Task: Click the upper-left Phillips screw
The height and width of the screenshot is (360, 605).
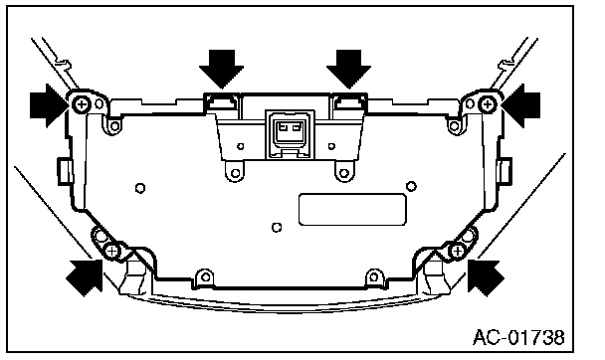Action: (x=82, y=103)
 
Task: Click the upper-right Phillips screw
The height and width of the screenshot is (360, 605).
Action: (x=488, y=104)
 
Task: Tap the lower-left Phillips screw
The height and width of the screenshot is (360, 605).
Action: (x=111, y=252)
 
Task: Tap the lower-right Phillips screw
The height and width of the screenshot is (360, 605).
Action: (x=458, y=252)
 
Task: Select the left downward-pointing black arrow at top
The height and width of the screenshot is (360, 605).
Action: (x=222, y=70)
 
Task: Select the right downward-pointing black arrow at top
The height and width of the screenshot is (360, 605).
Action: (x=349, y=70)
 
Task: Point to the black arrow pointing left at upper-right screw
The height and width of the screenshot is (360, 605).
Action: (x=521, y=105)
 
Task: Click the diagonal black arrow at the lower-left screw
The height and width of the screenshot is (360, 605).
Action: (x=86, y=276)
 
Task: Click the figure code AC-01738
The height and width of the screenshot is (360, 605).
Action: (x=518, y=337)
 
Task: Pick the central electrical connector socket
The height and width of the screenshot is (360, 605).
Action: (x=290, y=134)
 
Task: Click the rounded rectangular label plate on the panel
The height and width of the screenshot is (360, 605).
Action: (x=352, y=209)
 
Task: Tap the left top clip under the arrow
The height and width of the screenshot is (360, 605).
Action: (x=222, y=102)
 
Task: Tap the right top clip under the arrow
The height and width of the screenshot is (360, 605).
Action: (x=349, y=102)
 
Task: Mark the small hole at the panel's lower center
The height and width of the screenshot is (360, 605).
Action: (x=277, y=228)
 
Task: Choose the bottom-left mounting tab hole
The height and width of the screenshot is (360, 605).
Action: (x=206, y=276)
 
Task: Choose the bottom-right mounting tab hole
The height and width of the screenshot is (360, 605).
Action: (x=373, y=276)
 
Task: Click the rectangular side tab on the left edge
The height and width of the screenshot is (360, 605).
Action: (x=65, y=171)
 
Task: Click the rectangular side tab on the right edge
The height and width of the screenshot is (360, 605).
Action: (x=504, y=171)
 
